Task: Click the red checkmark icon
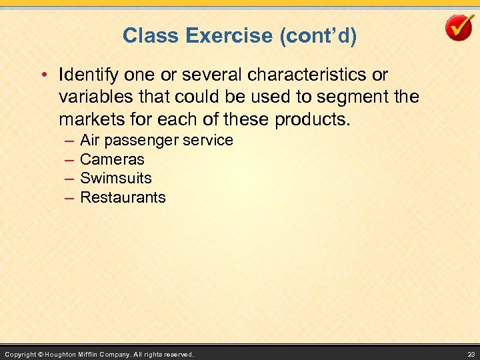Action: [459, 29]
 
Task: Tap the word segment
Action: [353, 97]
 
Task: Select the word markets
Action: [87, 121]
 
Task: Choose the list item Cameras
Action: [112, 159]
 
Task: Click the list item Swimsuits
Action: [116, 178]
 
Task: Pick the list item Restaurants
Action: [123, 197]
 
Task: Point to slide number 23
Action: [471, 354]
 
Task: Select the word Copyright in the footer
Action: [20, 354]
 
